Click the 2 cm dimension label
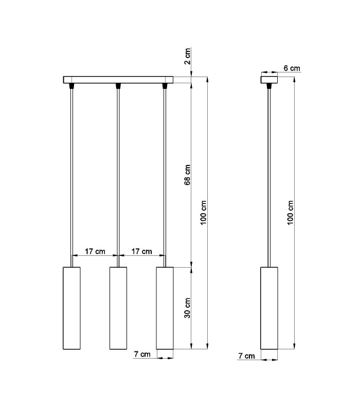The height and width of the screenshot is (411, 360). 187,56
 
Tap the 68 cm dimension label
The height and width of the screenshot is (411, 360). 187,175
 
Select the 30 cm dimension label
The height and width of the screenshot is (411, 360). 187,308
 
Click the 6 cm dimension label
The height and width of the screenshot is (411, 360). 292,68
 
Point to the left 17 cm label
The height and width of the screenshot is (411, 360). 95,251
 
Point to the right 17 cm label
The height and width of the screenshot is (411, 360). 142,251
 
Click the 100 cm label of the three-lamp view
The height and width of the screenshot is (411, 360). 204,213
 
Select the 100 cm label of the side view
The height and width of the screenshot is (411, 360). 290,213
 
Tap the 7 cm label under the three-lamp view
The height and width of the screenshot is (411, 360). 142,354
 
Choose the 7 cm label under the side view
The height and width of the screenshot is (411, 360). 247,356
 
